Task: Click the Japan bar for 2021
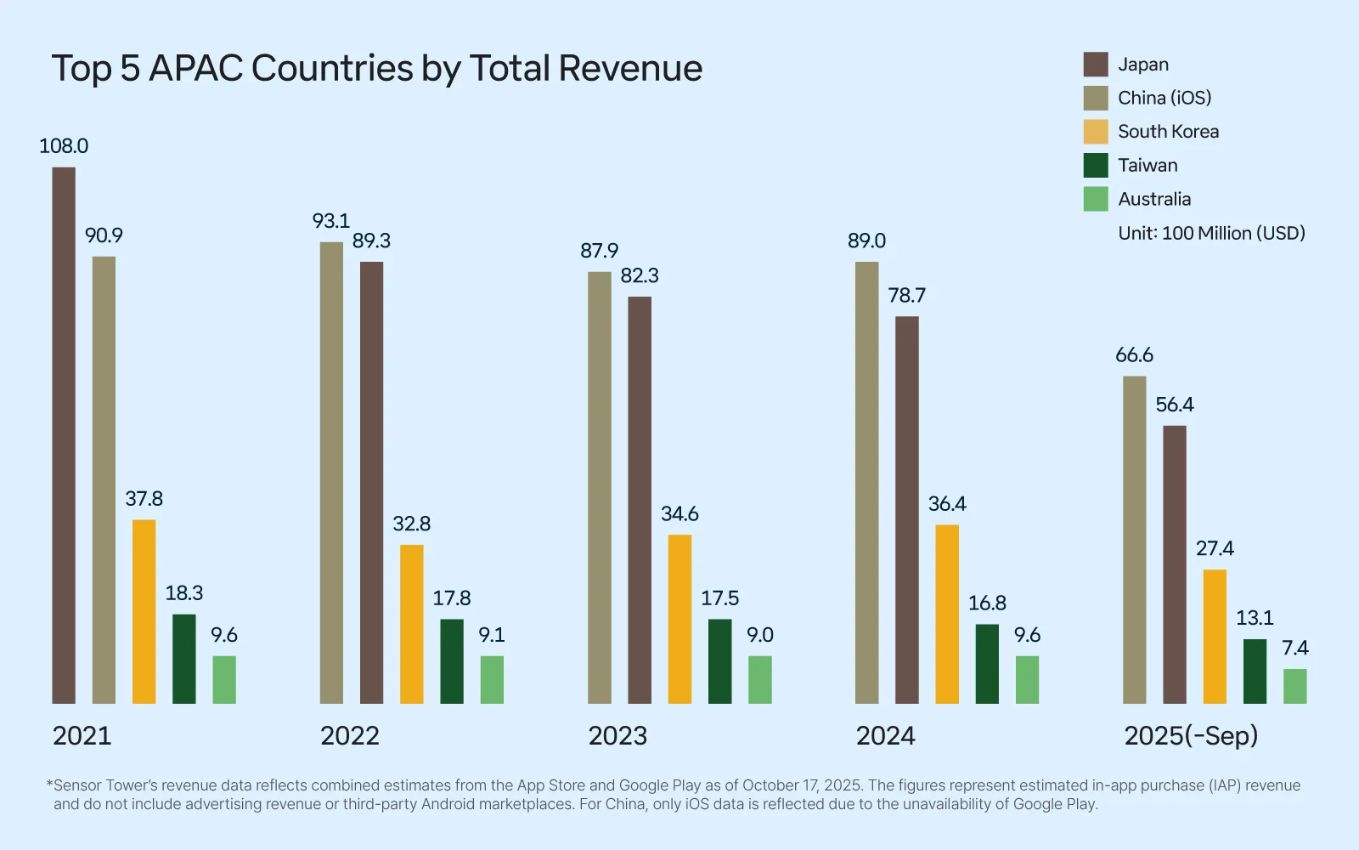coord(64,435)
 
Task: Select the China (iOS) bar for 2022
coord(331,473)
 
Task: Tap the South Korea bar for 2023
coord(679,619)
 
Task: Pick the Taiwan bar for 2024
coord(987,664)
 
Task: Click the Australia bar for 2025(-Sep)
coord(1294,686)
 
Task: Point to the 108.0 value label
coord(64,146)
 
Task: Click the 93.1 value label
coord(331,221)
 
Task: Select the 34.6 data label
coord(679,514)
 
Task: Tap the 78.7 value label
coord(906,296)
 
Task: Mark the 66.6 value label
coord(1134,355)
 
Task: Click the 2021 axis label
coord(82,736)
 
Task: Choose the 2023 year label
coord(617,736)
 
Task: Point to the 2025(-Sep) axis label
coord(1191,736)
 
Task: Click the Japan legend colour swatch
coord(1096,65)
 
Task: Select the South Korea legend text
coord(1168,132)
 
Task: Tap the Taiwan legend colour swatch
coord(1096,166)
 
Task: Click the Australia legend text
coord(1154,200)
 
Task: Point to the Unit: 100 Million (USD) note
coord(1211,234)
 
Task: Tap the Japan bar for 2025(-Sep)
coord(1175,564)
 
